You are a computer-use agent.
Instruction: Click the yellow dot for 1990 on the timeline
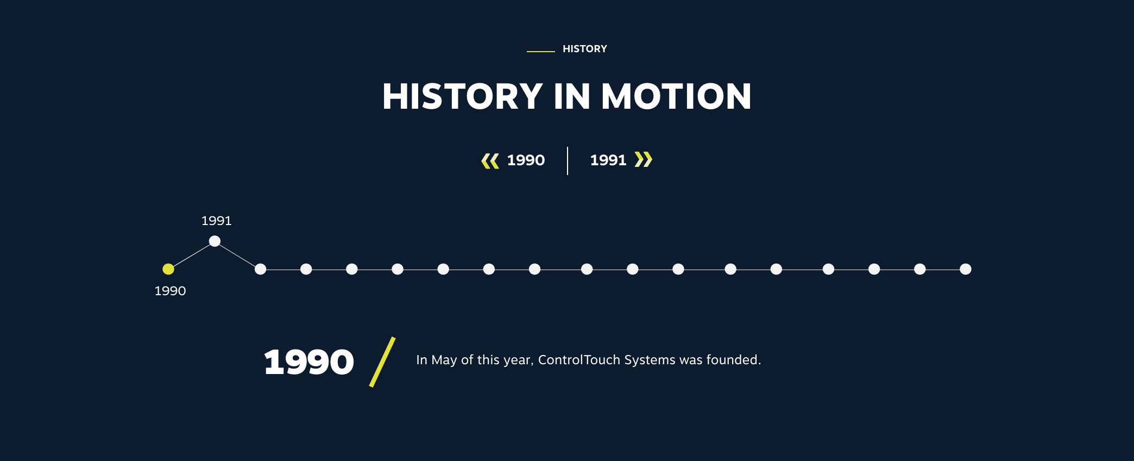[x=168, y=269]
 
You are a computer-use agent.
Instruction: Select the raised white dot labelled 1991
[x=215, y=241]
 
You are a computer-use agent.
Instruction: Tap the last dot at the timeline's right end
[x=965, y=269]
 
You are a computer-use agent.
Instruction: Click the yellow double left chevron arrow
[x=490, y=161]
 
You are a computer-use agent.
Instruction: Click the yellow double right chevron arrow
[x=644, y=160]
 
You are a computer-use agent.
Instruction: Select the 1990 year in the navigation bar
[x=526, y=160]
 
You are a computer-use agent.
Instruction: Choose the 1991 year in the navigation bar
[x=608, y=160]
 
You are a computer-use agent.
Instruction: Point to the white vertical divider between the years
[x=568, y=161]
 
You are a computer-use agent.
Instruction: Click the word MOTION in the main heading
[x=676, y=97]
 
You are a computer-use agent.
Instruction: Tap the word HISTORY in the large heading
[x=463, y=97]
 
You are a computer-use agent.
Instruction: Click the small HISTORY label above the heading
[x=585, y=49]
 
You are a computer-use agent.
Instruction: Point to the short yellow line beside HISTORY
[x=540, y=51]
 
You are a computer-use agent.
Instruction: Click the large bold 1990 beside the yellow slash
[x=309, y=362]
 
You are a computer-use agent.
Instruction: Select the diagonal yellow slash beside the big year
[x=382, y=362]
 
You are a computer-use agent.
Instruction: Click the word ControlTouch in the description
[x=579, y=360]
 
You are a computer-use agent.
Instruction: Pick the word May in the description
[x=444, y=360]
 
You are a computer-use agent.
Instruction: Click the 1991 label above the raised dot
[x=216, y=221]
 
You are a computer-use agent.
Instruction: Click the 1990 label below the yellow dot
[x=170, y=291]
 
